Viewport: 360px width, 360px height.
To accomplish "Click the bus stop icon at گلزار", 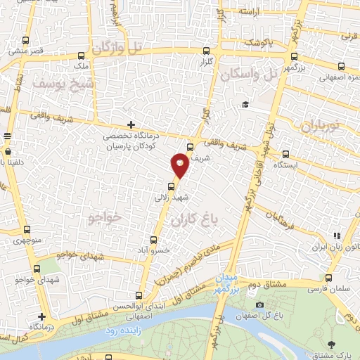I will tap(206, 51).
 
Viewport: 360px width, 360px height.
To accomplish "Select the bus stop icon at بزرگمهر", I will tap(294, 58).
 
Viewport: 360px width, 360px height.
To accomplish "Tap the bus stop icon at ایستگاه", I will tap(285, 154).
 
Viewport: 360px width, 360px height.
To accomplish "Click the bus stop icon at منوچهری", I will tap(27, 229).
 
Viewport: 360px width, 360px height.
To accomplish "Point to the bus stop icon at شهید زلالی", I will tap(169, 186).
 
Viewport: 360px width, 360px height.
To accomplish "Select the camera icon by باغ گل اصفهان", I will tap(259, 305).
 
